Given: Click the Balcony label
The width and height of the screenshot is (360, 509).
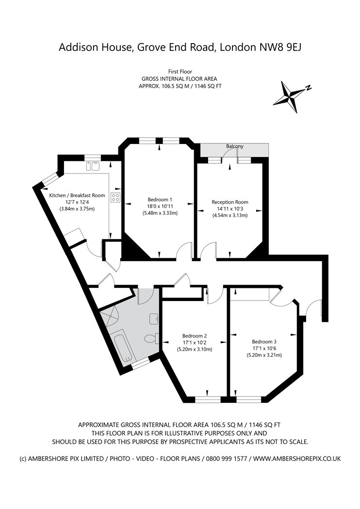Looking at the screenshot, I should pos(235,146).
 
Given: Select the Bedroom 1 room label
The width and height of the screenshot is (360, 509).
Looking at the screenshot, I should pos(160,199).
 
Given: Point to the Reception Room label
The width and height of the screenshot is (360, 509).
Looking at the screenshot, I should pos(230,202).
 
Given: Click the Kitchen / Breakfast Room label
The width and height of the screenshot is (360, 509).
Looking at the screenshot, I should pos(77,195).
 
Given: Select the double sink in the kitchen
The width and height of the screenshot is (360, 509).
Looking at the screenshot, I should pos(92,166).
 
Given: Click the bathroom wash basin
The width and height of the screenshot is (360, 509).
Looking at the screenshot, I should pos(154,318).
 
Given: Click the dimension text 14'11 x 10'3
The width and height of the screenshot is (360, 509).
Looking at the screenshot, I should pos(230,209).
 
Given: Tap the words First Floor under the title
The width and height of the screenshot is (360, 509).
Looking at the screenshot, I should pos(180,71).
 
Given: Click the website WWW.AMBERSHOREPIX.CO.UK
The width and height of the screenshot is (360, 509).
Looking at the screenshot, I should pos(297,458).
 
